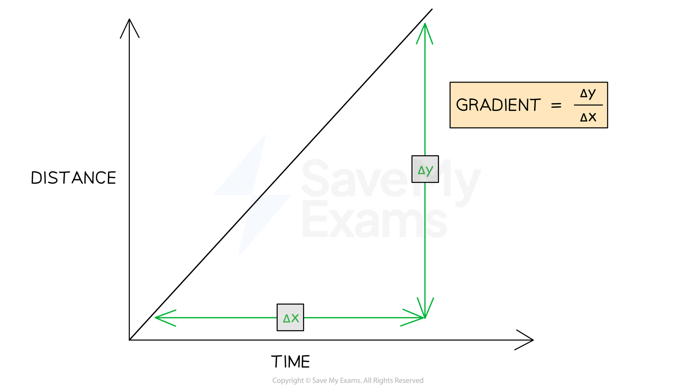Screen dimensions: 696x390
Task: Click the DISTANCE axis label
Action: pos(73,178)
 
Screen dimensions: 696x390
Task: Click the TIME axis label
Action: pos(291,361)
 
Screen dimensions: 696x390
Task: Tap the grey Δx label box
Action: pos(290,317)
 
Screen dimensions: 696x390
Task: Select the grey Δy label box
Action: pos(425,169)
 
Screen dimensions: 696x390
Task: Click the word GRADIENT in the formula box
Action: pos(498,105)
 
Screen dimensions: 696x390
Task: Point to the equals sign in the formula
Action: pos(556,105)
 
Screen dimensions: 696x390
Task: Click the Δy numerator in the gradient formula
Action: pos(588,93)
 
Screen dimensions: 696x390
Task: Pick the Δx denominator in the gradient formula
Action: pos(588,117)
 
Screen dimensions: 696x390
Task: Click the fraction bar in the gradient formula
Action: pos(588,105)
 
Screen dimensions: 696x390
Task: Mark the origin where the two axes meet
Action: pos(129,340)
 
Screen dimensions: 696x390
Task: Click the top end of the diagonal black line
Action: pos(432,9)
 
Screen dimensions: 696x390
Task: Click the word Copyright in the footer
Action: pos(288,380)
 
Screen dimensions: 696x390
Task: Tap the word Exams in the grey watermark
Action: pos(374,219)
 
